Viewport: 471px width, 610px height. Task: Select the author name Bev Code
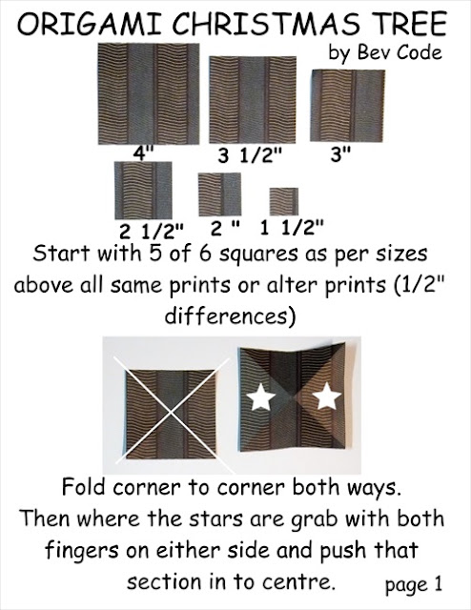(399, 52)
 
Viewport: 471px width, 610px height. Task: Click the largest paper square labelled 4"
(149, 93)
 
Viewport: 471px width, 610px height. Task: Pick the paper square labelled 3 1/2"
(253, 99)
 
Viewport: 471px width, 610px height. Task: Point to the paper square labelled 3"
(347, 106)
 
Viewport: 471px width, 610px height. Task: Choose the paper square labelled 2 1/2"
(143, 191)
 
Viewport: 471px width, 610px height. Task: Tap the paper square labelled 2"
(219, 194)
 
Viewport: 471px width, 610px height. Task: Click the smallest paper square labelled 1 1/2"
(284, 201)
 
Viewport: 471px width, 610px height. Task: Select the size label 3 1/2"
(250, 155)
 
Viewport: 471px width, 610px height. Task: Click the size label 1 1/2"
(292, 228)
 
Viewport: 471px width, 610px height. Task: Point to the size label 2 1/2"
(151, 232)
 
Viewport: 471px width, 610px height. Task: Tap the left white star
(261, 396)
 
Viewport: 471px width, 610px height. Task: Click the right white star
(326, 396)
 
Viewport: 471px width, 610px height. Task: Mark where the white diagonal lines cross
(171, 413)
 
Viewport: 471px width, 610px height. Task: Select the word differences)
(230, 315)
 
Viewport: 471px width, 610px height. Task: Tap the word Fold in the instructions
(84, 487)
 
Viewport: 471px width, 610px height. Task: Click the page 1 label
(414, 584)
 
